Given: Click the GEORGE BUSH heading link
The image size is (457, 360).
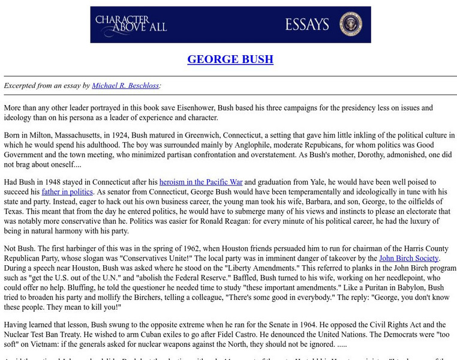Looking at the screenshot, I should click(x=230, y=59).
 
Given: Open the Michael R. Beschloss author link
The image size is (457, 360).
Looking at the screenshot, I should click(x=125, y=86).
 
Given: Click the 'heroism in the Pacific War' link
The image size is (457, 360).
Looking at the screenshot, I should click(x=201, y=182).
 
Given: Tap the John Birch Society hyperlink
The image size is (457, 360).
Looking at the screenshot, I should click(x=412, y=259).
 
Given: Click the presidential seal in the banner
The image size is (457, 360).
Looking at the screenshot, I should click(x=350, y=25).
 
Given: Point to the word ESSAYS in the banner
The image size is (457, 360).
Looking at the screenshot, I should click(x=308, y=25).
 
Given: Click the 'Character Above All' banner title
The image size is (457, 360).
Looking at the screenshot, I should click(x=131, y=24).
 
